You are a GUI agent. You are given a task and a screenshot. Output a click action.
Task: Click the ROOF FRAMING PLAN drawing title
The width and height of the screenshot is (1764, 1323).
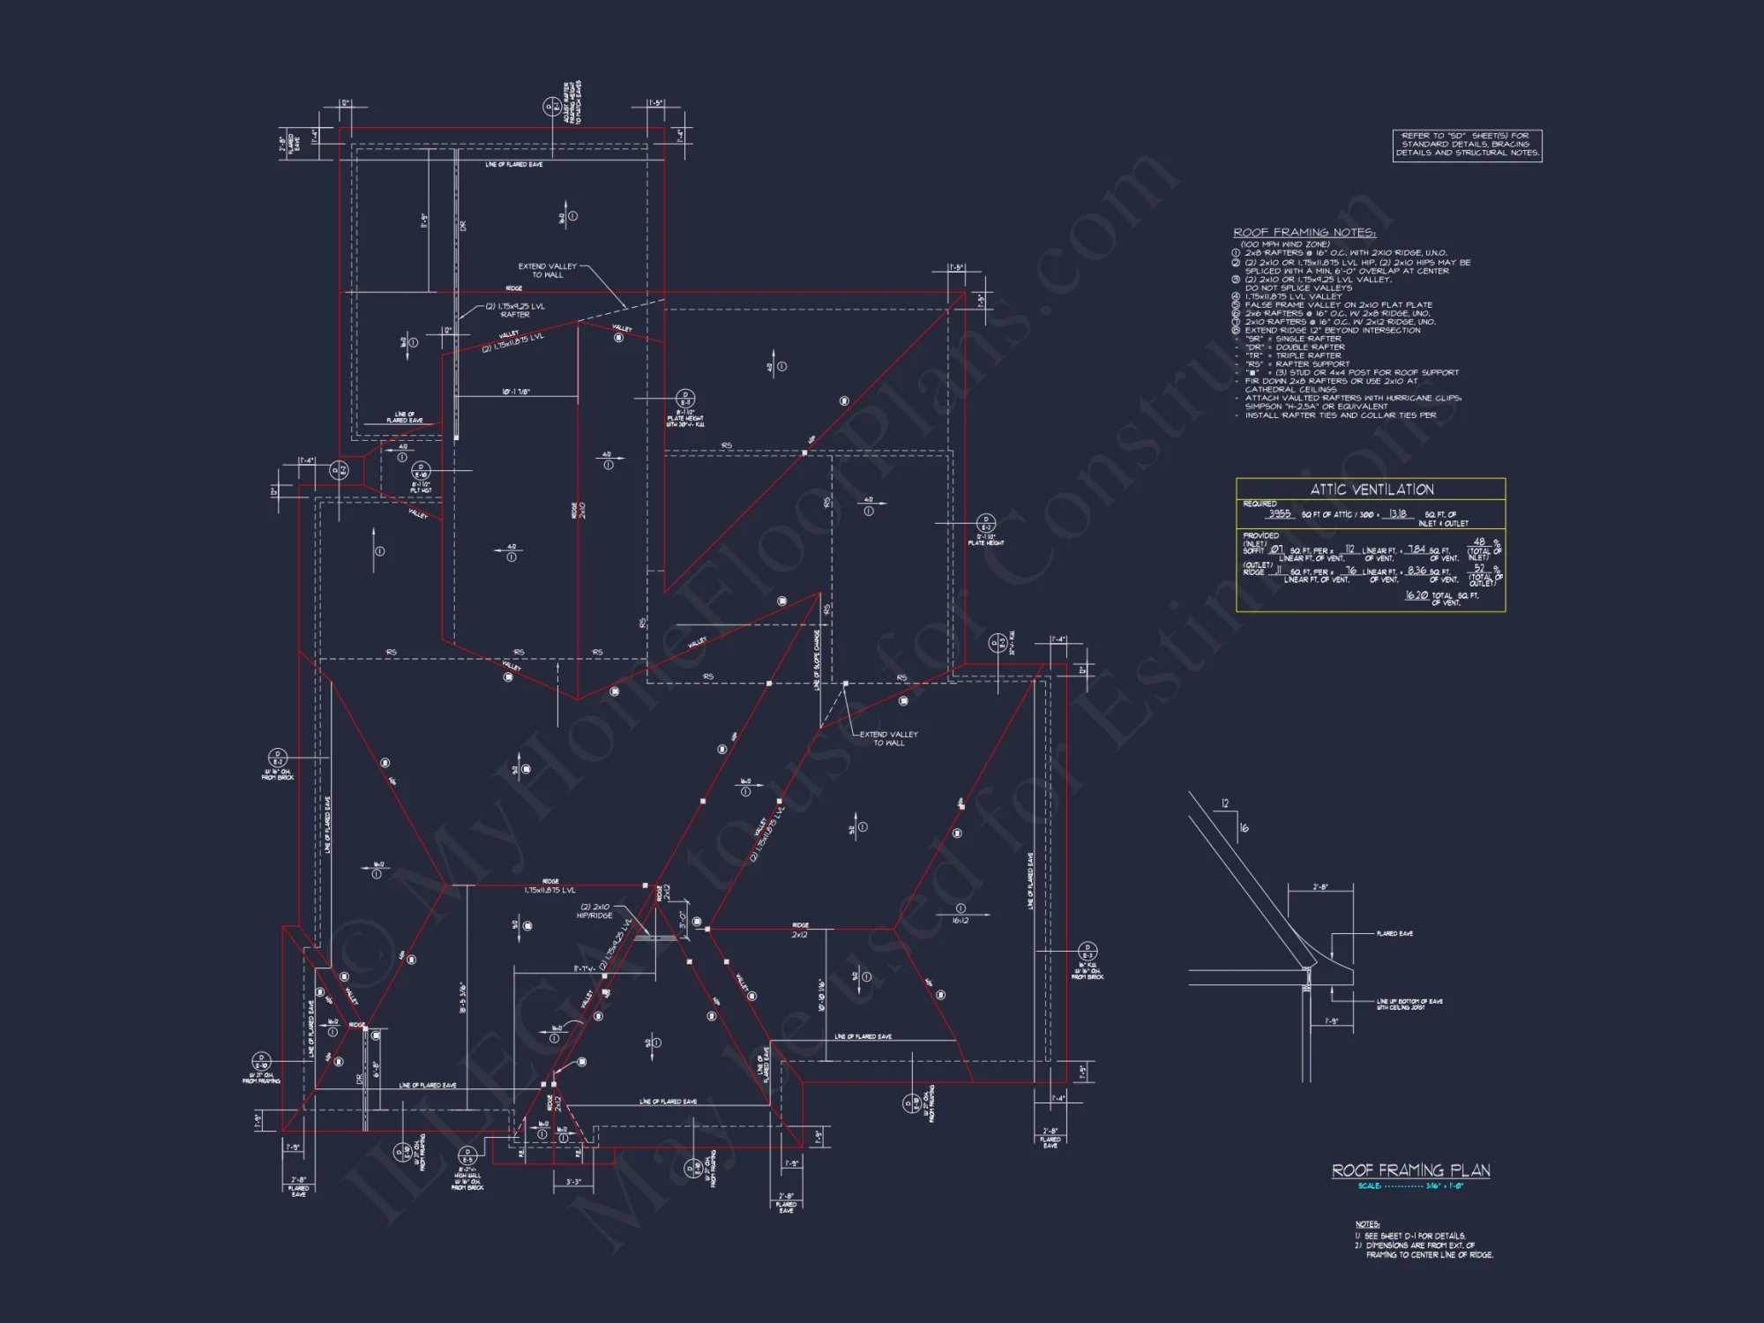(x=1410, y=1170)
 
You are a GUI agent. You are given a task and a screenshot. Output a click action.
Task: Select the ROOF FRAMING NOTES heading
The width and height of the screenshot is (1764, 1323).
(x=1304, y=233)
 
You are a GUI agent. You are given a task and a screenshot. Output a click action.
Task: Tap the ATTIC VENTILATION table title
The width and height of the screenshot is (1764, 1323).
(x=1372, y=490)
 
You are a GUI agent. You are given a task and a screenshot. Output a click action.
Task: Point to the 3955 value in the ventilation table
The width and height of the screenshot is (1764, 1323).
(x=1279, y=513)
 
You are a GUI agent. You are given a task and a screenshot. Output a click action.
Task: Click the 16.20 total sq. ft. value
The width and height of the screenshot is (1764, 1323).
(x=1416, y=595)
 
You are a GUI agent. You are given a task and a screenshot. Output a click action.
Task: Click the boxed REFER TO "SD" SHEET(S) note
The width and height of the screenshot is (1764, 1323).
(x=1467, y=145)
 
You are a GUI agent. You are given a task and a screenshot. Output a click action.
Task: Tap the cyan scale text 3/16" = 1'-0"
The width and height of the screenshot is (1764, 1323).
(x=1444, y=1186)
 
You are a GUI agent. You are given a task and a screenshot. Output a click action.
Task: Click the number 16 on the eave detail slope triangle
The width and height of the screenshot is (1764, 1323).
(x=1245, y=828)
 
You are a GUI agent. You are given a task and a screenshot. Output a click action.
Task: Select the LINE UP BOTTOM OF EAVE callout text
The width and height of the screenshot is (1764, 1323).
(x=1409, y=1004)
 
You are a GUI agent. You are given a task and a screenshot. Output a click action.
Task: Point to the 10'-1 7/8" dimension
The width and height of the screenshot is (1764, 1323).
(x=516, y=392)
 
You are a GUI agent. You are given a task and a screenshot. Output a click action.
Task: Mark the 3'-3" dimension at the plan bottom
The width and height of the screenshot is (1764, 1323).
(x=573, y=1182)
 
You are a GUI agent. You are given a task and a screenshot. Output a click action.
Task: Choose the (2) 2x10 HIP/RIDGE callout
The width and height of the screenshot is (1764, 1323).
(x=594, y=911)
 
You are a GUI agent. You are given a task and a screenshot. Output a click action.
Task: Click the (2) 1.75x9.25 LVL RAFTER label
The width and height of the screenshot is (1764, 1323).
(x=515, y=310)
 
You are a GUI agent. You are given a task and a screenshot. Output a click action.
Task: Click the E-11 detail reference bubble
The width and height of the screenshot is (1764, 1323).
(x=684, y=399)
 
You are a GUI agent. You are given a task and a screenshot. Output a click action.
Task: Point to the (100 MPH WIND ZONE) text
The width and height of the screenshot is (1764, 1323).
(x=1285, y=244)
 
